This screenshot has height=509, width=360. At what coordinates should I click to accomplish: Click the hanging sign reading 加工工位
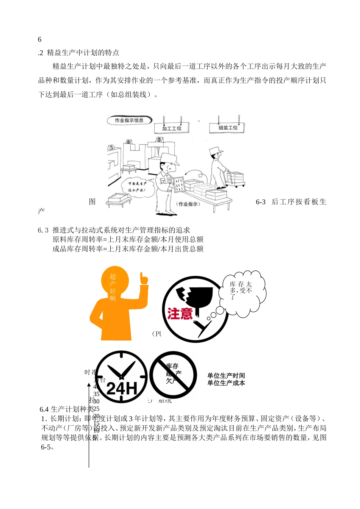pyautogui.click(x=172, y=128)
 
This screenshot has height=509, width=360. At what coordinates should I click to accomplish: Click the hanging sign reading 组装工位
pyautogui.click(x=227, y=128)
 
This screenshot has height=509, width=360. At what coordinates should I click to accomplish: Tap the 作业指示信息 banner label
pyautogui.click(x=129, y=120)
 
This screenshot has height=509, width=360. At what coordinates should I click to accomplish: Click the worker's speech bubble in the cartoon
pyautogui.click(x=134, y=187)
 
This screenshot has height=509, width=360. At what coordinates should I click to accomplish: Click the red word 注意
pyautogui.click(x=180, y=314)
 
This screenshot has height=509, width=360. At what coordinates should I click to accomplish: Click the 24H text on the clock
pyautogui.click(x=121, y=389)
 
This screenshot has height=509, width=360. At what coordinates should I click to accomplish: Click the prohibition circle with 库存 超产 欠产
pyautogui.click(x=173, y=374)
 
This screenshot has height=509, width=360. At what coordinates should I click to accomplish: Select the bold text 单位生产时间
pyautogui.click(x=226, y=376)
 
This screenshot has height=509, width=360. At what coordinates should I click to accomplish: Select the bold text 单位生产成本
pyautogui.click(x=226, y=383)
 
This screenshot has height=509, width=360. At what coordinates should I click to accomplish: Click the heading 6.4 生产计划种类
pyautogui.click(x=66, y=409)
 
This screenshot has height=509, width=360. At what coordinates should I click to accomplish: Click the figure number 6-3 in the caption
pyautogui.click(x=260, y=202)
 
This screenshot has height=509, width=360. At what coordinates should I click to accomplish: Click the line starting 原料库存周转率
pyautogui.click(x=128, y=239)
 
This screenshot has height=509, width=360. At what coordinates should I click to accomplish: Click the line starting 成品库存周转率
pyautogui.click(x=128, y=249)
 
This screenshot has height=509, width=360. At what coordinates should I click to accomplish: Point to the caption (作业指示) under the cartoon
pyautogui.click(x=188, y=205)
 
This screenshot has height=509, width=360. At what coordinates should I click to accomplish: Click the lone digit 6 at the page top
pyautogui.click(x=40, y=39)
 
